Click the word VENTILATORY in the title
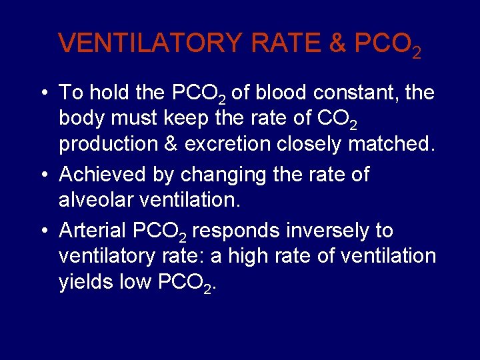tap(151, 43)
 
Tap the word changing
tap(213, 175)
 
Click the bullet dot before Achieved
tap(43, 175)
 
